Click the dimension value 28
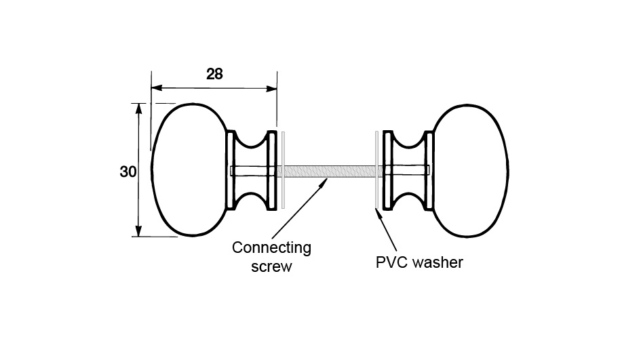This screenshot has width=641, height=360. (x=214, y=74)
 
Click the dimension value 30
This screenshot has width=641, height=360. (x=128, y=172)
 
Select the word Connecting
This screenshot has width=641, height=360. (x=271, y=247)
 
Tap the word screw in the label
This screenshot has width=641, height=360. (x=271, y=266)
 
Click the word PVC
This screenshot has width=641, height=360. (x=391, y=262)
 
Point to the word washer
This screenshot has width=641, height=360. (x=437, y=262)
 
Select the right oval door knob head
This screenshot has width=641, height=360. (x=469, y=170)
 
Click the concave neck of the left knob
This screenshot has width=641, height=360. (x=252, y=170)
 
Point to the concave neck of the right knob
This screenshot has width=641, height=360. (x=408, y=170)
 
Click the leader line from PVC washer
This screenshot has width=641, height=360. (x=386, y=231)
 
